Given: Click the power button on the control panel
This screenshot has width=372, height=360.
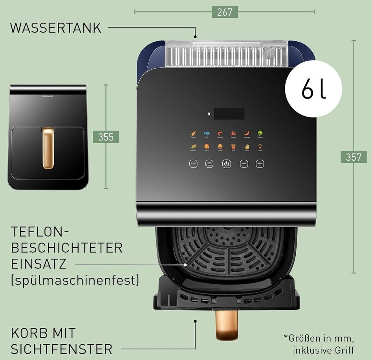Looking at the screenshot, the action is coord(227,164).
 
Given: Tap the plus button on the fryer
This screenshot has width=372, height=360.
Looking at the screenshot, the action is coord(260,164).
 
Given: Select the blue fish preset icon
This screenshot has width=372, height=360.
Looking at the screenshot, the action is coord(207,134).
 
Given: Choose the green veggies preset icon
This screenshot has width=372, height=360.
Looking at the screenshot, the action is coord(260,134).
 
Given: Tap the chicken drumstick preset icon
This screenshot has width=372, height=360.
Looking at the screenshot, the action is coord(193,134).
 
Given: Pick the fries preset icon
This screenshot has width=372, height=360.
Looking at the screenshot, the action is coord(233,147).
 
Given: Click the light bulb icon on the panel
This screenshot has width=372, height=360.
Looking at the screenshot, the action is coord(260,147).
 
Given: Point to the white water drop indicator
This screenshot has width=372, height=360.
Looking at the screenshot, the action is coord(209,114).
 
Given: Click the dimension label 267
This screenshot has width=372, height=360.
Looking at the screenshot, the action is coord(225,12).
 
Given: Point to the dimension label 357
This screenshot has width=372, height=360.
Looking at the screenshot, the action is coord(354,157).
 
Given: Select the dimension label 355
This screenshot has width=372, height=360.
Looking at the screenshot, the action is coord(106,137).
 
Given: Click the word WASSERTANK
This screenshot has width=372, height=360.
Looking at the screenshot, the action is coord(56,28).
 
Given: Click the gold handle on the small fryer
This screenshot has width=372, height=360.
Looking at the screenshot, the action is coord(48,148).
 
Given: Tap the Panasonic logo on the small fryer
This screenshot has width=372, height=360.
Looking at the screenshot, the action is coord(48,96).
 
